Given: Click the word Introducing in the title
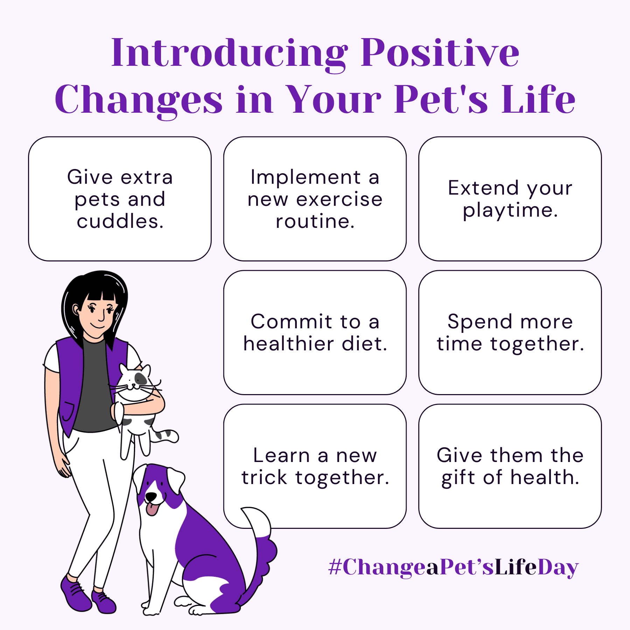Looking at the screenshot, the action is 230,53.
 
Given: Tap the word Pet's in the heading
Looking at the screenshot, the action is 441,99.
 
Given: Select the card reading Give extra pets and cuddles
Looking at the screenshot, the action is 120,199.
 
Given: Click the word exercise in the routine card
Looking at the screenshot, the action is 339,199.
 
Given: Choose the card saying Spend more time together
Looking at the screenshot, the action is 510,332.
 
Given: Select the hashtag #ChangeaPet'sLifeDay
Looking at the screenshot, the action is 453,567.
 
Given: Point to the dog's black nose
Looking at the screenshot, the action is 151,496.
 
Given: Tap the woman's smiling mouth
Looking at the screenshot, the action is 98,327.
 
